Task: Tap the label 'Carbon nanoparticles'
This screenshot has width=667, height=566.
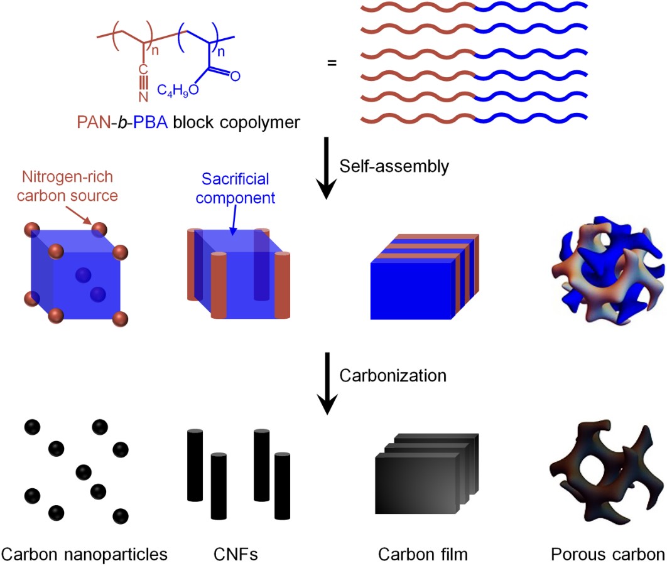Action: (x=85, y=554)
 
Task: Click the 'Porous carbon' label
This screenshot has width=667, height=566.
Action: (x=607, y=554)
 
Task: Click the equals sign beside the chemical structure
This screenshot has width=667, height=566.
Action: (x=332, y=63)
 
